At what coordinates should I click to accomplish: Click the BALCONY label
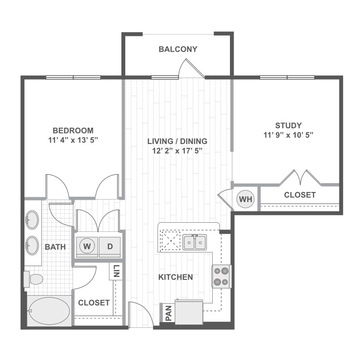tap(178, 49)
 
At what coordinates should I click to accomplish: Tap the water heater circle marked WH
tap(246, 199)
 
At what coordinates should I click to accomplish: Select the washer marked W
tap(86, 247)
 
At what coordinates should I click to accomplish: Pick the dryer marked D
tap(110, 247)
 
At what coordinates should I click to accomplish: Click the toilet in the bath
tap(34, 278)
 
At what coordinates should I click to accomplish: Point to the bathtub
tap(48, 312)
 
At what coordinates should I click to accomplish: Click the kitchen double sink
tap(194, 242)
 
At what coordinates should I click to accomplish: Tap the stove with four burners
tap(222, 276)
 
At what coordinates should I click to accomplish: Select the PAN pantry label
tap(168, 313)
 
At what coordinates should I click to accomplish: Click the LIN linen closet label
tap(117, 273)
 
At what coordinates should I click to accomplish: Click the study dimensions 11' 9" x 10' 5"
tap(288, 135)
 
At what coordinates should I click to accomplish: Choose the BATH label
tap(55, 247)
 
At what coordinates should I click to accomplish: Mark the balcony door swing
tap(191, 70)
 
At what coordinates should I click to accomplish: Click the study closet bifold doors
tap(300, 178)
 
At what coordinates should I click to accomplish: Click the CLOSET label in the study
tap(300, 195)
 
